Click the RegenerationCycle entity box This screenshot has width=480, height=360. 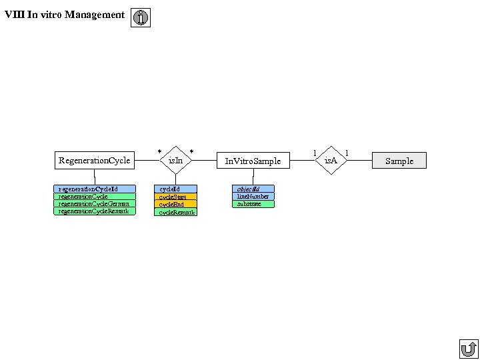coord(94,160)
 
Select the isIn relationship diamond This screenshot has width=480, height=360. coord(175,160)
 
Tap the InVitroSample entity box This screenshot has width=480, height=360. coord(253,161)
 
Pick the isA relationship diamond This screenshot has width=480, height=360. coord(331,160)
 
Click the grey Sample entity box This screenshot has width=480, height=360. coord(399,161)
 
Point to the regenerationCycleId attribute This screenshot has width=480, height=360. coord(94,189)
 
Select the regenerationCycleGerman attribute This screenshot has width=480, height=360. coord(94,204)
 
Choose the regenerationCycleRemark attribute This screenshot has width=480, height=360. coord(94,211)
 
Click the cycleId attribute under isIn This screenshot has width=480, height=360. coord(175,189)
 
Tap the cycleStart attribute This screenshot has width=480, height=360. coord(175,197)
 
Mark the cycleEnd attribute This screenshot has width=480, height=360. coord(175,205)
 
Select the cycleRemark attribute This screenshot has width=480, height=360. coord(175,212)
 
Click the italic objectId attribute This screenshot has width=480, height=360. coord(253,189)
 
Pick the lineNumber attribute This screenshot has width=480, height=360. coord(253,197)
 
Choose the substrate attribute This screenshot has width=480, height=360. coord(253,204)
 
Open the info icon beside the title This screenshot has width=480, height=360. coord(141,18)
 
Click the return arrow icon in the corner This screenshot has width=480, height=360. coord(469,349)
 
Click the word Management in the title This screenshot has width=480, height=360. coord(95,15)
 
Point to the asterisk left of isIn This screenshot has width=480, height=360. coord(159,152)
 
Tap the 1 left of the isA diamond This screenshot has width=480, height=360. coord(315,153)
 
